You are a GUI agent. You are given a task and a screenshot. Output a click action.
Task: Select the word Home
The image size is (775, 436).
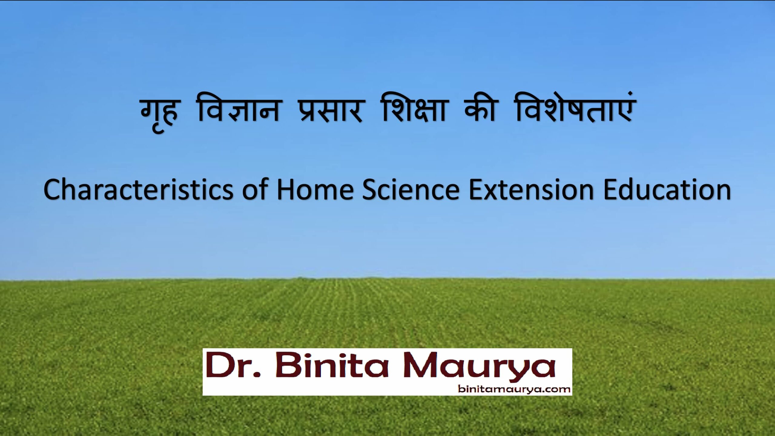coord(315,190)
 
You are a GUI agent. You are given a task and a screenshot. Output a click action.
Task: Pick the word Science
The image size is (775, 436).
coord(411,190)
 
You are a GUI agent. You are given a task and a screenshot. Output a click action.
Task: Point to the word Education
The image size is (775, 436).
coord(667,190)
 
